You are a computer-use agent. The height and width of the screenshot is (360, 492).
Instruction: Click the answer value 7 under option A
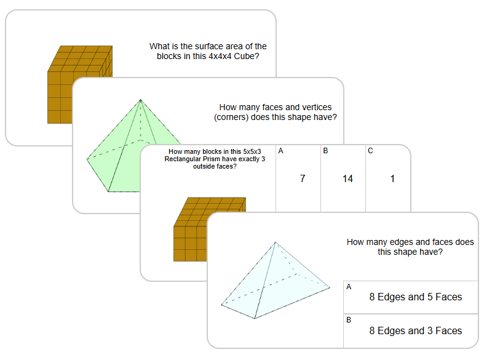click(302, 179)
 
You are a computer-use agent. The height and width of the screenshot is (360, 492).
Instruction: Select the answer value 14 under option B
click(347, 179)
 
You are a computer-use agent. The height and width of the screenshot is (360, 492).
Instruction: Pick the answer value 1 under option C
click(392, 179)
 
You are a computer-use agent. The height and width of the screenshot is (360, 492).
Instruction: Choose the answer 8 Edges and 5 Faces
click(415, 297)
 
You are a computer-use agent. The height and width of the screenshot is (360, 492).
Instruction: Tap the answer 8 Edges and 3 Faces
click(415, 330)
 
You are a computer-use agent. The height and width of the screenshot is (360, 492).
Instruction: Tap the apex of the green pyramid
click(141, 100)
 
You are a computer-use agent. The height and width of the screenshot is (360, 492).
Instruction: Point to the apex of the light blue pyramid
click(274, 242)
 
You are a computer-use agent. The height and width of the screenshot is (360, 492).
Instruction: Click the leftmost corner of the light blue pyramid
click(221, 305)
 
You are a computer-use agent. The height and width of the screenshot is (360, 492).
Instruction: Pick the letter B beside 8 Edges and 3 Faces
click(349, 320)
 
